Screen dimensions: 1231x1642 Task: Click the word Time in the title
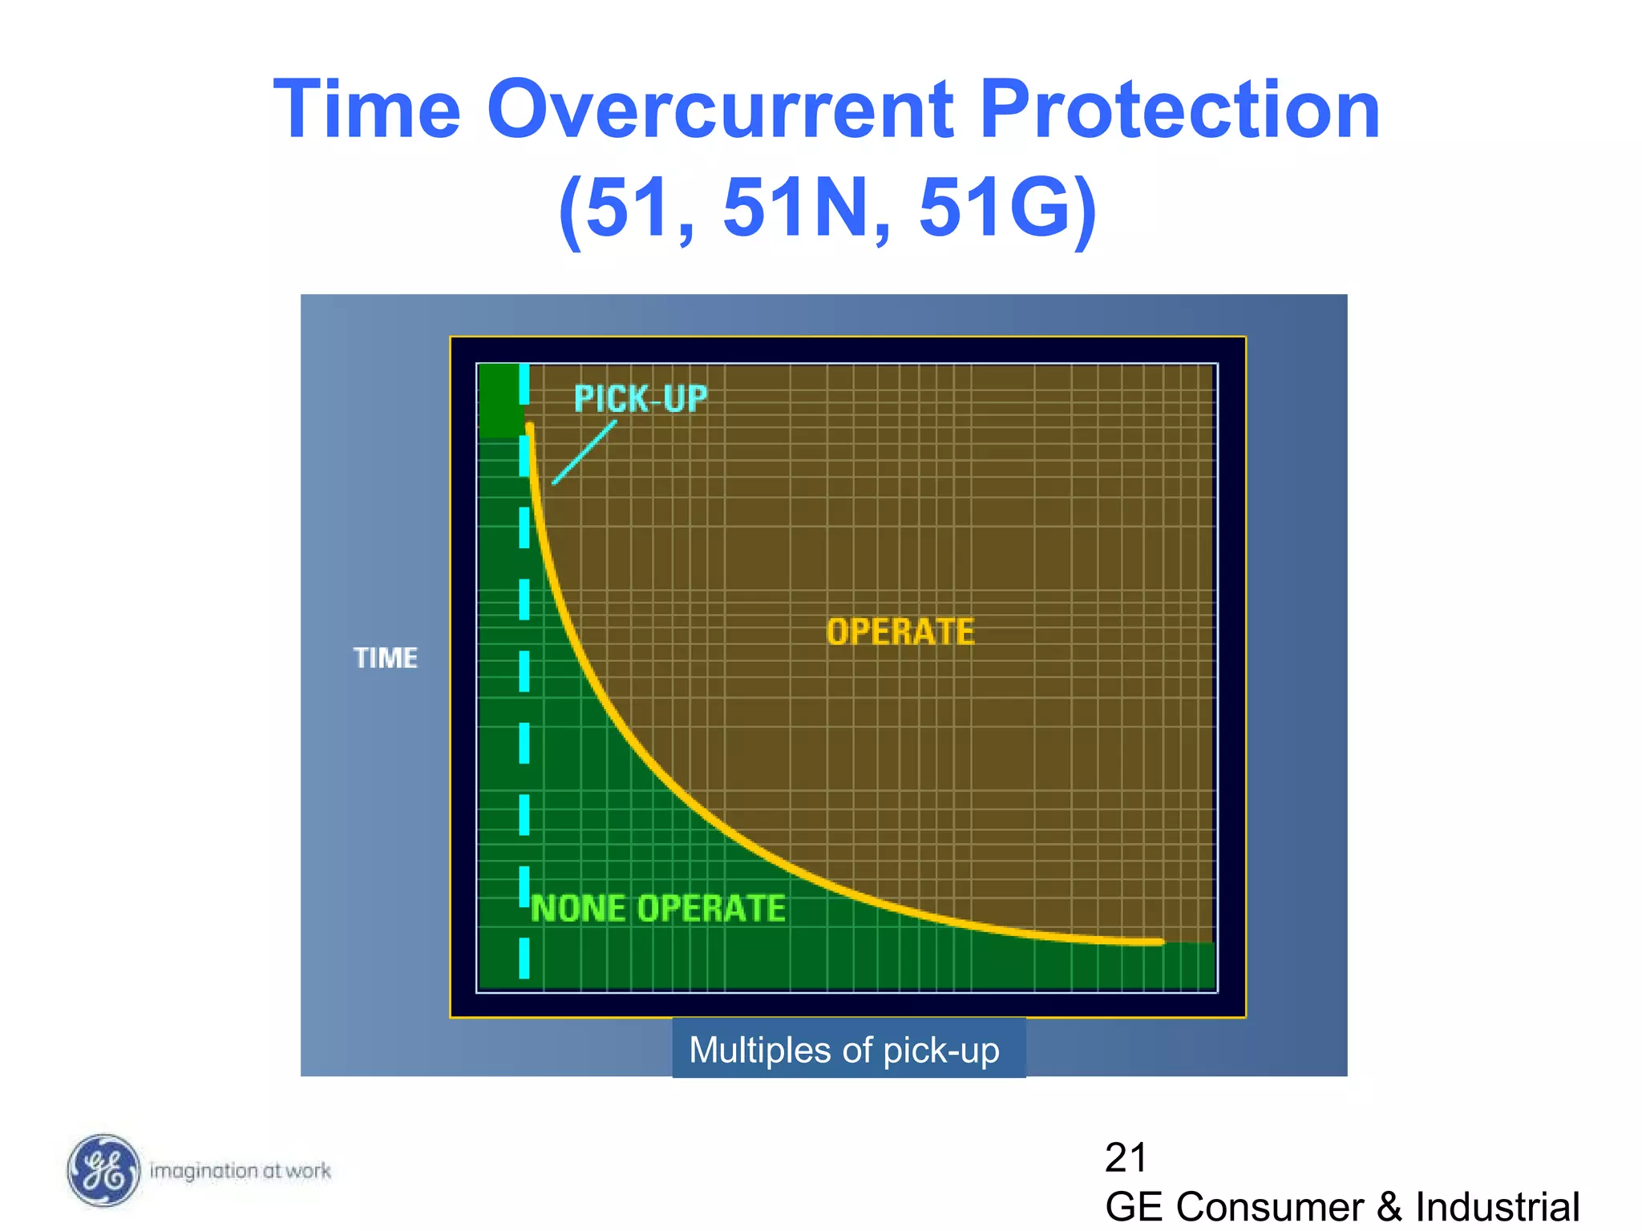(x=367, y=110)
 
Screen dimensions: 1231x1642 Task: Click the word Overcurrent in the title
(x=720, y=110)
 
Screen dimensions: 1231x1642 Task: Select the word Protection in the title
(x=1179, y=110)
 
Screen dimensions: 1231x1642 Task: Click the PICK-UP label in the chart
(x=641, y=399)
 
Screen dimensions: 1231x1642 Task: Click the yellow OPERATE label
(x=900, y=632)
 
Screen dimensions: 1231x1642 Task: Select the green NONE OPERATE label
(x=658, y=909)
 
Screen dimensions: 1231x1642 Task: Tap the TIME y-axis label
(x=386, y=658)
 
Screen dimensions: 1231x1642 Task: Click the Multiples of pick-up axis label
(x=844, y=1050)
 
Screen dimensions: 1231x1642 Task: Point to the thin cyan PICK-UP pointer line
(x=584, y=452)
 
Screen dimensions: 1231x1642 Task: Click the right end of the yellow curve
(x=1159, y=942)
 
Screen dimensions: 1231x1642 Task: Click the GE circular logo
(x=103, y=1170)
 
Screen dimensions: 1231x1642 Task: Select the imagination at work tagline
(x=241, y=1171)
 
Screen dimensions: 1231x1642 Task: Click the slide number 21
(x=1125, y=1157)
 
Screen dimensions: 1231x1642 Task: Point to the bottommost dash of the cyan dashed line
(x=524, y=958)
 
